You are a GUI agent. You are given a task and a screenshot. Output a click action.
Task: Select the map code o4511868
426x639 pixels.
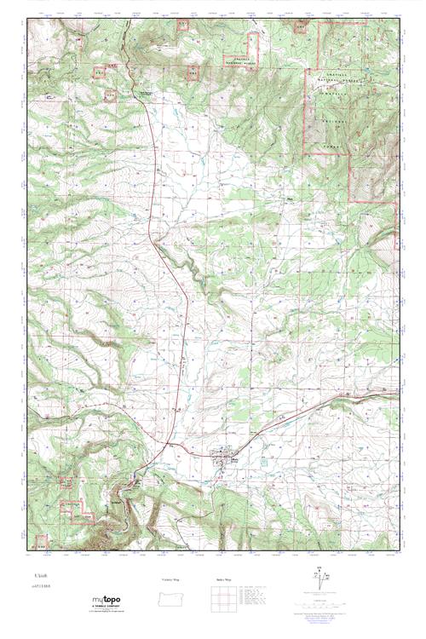pos(43,587)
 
